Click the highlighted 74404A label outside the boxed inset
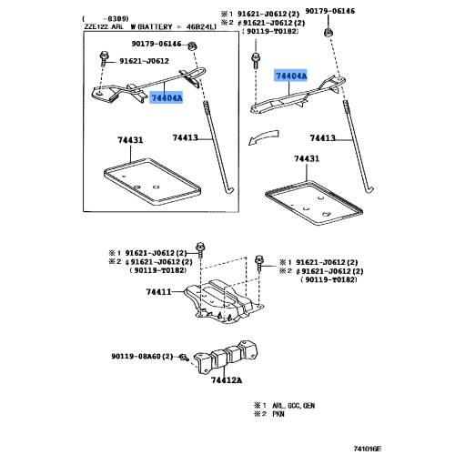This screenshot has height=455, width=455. point(290,76)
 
